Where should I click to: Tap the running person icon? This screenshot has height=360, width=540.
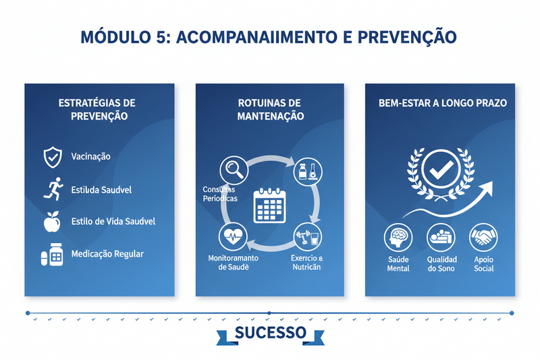click(53, 189)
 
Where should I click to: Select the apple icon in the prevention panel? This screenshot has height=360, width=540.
click(52, 221)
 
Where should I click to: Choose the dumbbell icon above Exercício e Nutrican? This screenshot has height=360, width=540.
click(307, 238)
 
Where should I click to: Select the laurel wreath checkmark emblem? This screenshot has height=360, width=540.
click(439, 172)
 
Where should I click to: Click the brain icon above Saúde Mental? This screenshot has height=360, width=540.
click(398, 238)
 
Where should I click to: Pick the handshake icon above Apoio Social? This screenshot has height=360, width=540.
click(483, 238)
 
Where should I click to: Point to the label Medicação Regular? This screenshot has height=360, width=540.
click(107, 254)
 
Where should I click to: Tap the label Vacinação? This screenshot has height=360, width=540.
click(90, 157)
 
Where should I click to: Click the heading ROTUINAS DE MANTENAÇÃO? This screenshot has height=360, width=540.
click(270, 109)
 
